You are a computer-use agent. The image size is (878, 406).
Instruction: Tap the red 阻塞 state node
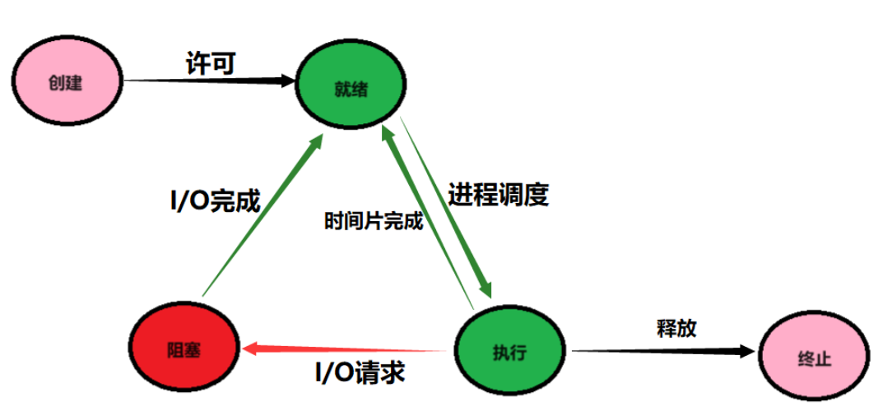click(x=183, y=347)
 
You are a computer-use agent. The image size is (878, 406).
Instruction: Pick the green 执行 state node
click(x=510, y=352)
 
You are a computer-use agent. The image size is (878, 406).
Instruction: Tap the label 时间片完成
click(x=374, y=221)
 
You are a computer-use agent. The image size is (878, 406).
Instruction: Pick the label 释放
click(x=676, y=328)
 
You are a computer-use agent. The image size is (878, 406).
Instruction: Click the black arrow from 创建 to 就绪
click(x=206, y=81)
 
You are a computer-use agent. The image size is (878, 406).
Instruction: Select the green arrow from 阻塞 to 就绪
click(x=259, y=218)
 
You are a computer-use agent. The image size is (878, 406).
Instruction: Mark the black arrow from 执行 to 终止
click(x=658, y=351)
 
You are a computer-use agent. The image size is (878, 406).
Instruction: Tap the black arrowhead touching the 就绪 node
click(x=288, y=81)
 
